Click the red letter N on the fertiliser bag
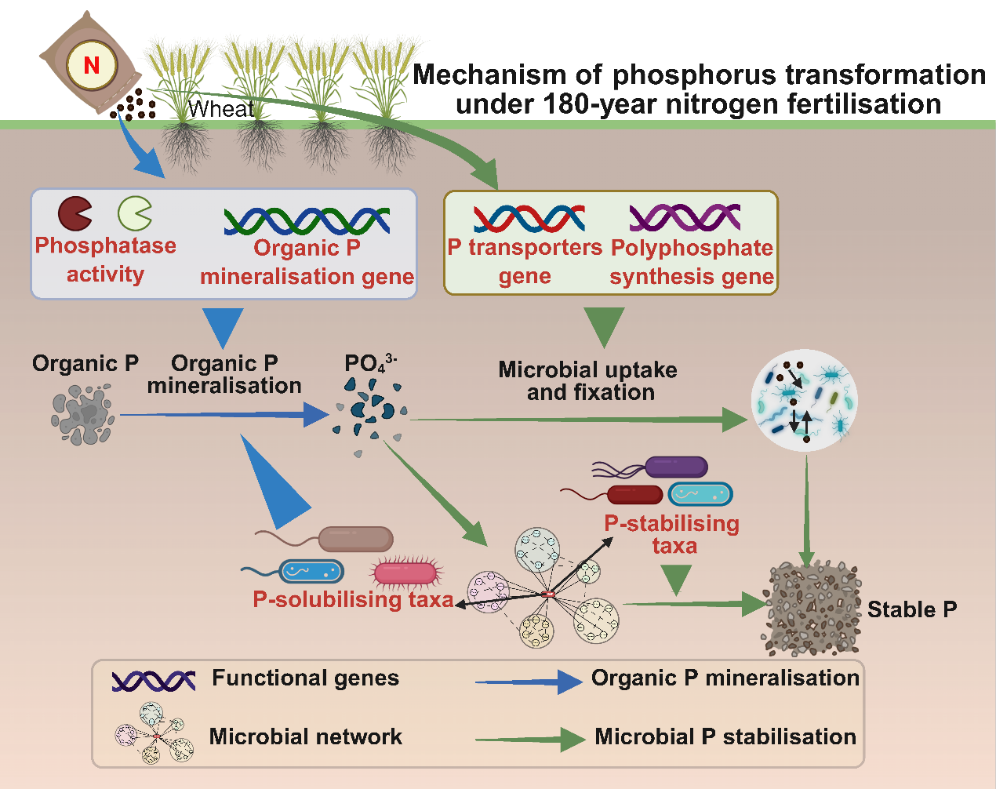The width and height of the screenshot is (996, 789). click(x=92, y=65)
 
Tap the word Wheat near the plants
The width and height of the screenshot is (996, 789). click(x=221, y=109)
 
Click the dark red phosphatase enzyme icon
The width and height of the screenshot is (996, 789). click(x=75, y=213)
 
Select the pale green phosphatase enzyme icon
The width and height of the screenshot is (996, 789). click(x=135, y=213)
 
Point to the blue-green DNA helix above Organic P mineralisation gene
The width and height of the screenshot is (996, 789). click(x=307, y=220)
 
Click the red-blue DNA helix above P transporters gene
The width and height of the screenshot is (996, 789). click(x=529, y=218)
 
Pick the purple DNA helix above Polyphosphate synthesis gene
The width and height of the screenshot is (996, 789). click(x=685, y=217)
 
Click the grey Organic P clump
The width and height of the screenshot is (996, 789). click(x=82, y=414)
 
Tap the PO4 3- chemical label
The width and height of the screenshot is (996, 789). click(x=371, y=363)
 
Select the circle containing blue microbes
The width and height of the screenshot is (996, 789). click(x=805, y=401)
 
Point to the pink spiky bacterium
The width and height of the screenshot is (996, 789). click(x=406, y=573)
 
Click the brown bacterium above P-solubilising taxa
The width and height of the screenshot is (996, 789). click(x=324, y=539)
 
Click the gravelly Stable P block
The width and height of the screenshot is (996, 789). click(x=812, y=608)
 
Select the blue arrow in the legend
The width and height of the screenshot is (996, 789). click(x=529, y=682)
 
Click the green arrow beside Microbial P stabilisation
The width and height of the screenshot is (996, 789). click(x=530, y=740)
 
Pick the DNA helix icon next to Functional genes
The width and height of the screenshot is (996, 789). click(x=154, y=681)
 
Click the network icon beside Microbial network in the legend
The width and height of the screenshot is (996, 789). click(x=154, y=733)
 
